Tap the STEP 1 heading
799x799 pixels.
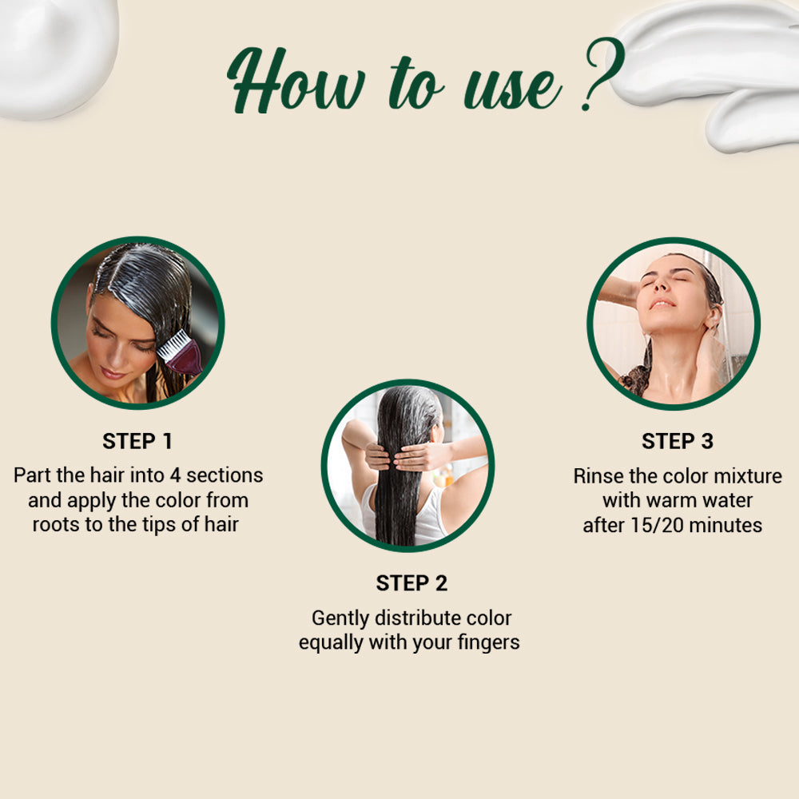(x=137, y=441)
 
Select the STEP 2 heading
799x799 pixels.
(x=411, y=583)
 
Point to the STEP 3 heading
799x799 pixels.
(x=678, y=441)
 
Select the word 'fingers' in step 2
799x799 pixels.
(x=487, y=642)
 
